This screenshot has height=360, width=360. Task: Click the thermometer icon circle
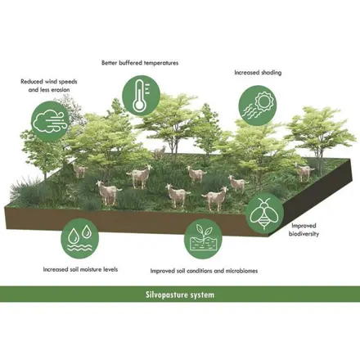coord(141,96)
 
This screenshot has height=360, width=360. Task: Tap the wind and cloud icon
coord(50,121)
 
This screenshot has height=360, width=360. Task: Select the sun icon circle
coord(258,106)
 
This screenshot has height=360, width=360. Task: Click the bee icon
coord(264,213)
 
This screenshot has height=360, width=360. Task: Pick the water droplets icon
coord(80,238)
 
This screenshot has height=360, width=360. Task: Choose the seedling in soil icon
coord(204,238)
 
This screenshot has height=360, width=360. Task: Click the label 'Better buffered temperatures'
coord(140,63)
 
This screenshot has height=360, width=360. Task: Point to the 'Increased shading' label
coord(258,73)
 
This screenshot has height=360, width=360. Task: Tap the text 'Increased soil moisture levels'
coord(80,269)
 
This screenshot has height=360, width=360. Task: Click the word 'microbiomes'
coord(241,271)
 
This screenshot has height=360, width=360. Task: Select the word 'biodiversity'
coord(304,234)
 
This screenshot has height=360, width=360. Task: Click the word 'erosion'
coord(59,90)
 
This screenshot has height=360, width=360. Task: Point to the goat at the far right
coord(304,171)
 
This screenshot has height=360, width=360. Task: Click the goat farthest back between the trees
coord(160,152)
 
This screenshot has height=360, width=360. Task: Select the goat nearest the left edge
coord(79,170)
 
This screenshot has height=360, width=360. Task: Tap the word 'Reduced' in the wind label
coord(32,82)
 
